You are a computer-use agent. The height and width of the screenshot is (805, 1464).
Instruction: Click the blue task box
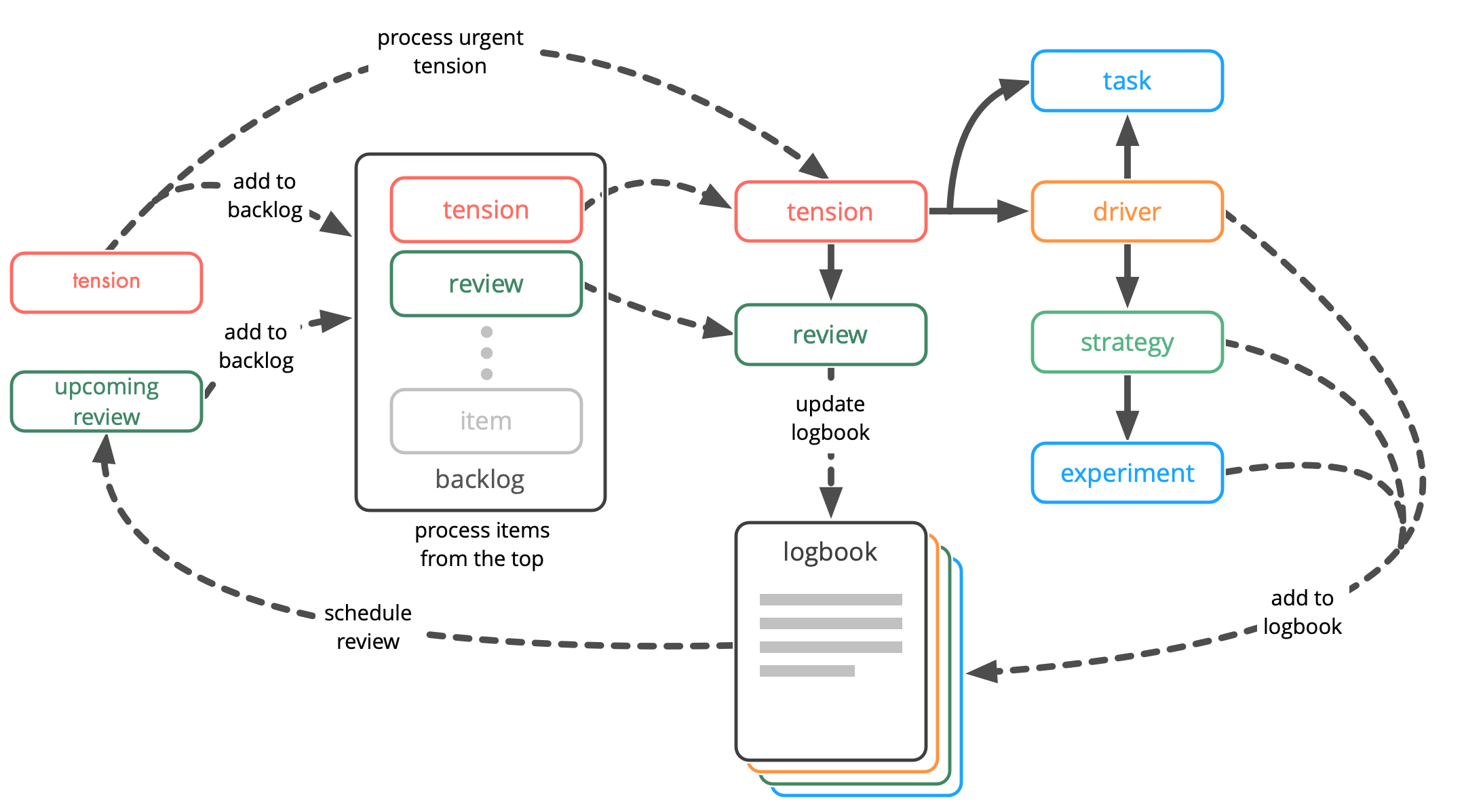1126,81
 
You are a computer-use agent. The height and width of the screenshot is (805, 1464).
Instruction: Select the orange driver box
1126,212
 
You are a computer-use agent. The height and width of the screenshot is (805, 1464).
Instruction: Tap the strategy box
1126,342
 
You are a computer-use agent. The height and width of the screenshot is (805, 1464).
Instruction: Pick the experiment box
1126,473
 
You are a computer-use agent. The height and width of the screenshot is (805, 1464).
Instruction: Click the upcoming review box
107,401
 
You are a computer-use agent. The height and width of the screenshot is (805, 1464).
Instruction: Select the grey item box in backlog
486,421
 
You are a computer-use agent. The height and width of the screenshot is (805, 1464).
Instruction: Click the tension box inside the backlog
486,210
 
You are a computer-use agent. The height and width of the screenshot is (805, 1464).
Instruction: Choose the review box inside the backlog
486,284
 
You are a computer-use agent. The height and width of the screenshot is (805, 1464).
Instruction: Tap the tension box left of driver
830,212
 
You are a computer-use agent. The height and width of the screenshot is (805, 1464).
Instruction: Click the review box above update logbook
830,335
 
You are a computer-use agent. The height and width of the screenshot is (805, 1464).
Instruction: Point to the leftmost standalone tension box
107,282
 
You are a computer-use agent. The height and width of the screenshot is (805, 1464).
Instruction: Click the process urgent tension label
450,52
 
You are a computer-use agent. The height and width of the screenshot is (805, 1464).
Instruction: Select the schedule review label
368,627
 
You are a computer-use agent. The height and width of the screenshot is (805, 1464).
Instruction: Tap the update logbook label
830,418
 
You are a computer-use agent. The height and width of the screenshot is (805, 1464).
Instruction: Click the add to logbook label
1302,612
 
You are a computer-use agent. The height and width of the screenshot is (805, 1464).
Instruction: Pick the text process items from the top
482,544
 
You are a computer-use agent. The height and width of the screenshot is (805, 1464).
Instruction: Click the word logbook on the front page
830,552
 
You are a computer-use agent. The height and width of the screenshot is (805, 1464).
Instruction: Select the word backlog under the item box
480,479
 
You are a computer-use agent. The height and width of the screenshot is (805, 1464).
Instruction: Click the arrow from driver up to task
1127,146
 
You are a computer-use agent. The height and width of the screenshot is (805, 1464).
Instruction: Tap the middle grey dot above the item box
486,353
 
